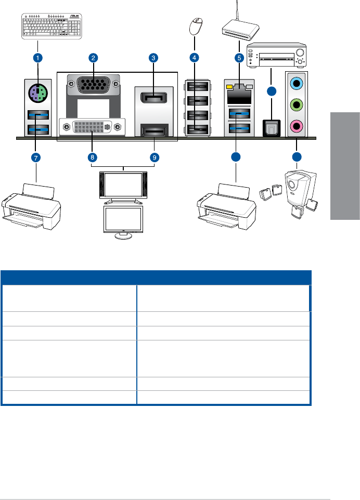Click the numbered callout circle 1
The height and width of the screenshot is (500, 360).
38,57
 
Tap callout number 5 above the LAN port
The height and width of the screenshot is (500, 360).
240,57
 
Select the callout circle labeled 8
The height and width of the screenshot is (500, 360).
92,158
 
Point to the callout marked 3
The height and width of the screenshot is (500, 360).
153,57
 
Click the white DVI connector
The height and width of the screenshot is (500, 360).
93,126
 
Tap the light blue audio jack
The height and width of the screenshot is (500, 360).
297,82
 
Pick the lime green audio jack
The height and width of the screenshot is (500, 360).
297,104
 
